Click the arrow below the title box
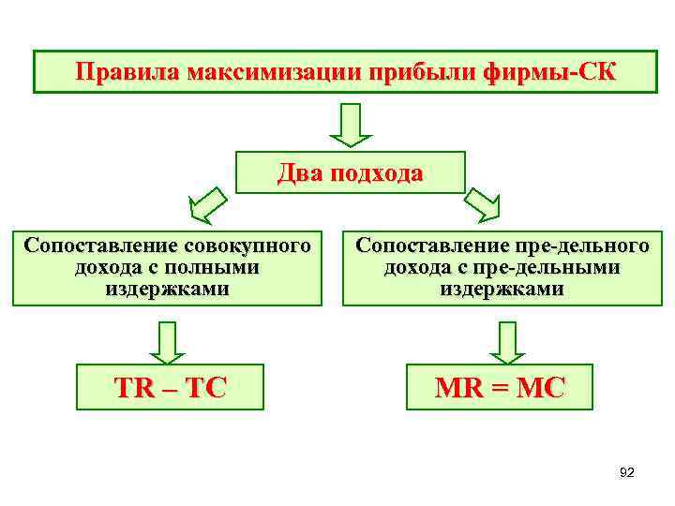click(x=352, y=125)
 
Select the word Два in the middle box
click(x=299, y=173)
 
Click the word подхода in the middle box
click(x=376, y=173)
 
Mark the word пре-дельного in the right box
click(x=581, y=246)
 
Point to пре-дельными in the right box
click(x=559, y=268)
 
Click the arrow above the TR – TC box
click(x=167, y=341)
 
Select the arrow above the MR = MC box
click(x=506, y=341)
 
